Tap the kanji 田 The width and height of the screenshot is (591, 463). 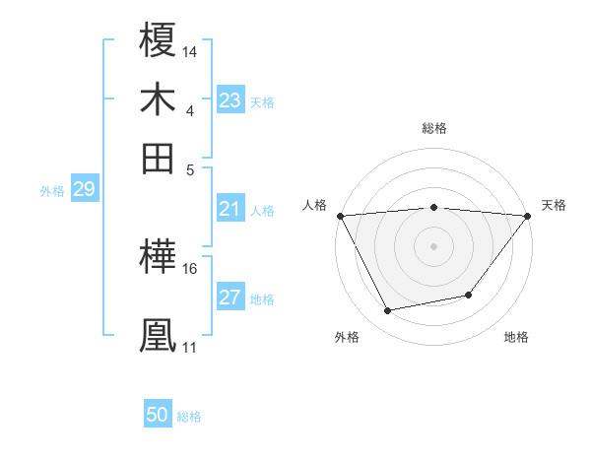pos(159,158)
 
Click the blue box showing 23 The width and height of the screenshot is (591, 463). pos(230,100)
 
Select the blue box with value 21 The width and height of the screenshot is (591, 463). pos(230,209)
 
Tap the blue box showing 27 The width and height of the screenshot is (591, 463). pos(230,298)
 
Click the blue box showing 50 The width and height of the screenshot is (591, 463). pos(158,416)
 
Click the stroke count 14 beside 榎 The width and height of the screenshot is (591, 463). pos(190,50)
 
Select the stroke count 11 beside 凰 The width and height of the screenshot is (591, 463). pos(189,347)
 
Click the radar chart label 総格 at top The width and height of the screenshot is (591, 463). pos(433,128)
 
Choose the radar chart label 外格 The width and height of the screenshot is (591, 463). pos(347,337)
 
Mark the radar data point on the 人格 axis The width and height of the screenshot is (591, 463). pos(339,216)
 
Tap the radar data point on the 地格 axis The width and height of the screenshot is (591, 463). pos(469,295)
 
